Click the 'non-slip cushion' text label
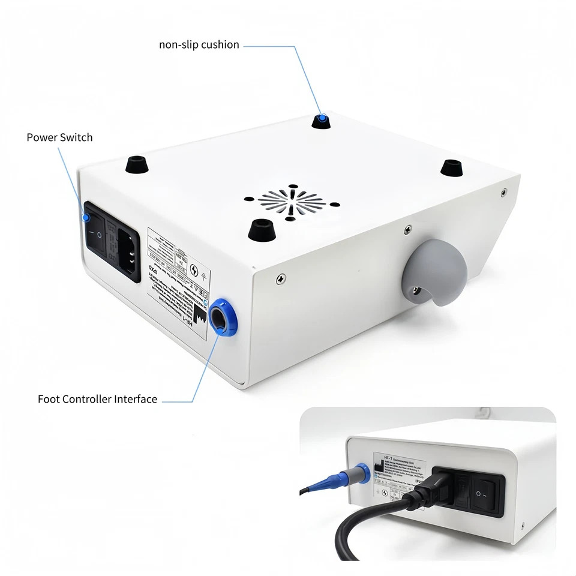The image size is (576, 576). pos(199,45)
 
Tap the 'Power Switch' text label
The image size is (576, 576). pos(59,137)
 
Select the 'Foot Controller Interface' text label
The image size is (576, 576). pos(97,399)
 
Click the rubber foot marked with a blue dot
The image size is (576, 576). pos(323,121)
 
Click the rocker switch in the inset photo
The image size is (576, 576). pos(485,493)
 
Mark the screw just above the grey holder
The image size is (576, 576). pos(407,229)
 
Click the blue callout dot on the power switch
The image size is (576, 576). pos(86,217)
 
